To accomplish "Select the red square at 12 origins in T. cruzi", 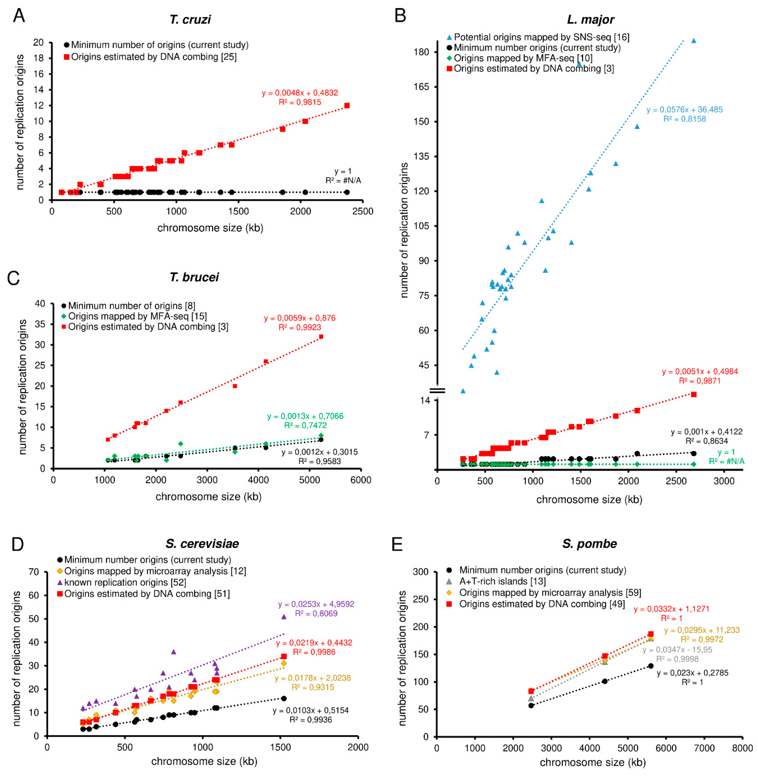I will (x=347, y=105).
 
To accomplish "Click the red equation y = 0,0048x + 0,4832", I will (x=300, y=93).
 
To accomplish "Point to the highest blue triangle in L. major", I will (x=694, y=41).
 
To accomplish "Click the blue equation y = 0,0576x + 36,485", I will (x=684, y=110).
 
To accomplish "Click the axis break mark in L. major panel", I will (x=437, y=391).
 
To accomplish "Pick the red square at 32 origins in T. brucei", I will (x=321, y=337).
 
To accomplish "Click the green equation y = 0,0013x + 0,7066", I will (x=305, y=416).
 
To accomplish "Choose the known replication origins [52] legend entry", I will (x=125, y=582).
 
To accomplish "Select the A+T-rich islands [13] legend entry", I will (x=502, y=581).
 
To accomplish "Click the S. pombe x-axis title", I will (x=592, y=762).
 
